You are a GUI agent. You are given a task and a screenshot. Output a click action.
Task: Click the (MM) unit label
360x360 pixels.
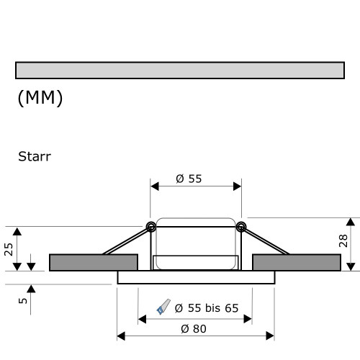tap(40, 99)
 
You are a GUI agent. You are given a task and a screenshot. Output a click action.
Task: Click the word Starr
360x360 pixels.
tap(35, 155)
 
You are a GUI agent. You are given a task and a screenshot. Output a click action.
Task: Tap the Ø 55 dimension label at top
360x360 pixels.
tap(189, 180)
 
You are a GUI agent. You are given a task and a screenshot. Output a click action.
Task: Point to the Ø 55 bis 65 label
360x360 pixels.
tap(205, 308)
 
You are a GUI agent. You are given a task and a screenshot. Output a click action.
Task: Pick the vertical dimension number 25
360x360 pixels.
tap(9, 249)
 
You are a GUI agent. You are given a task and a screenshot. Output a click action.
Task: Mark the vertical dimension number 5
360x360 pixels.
tap(23, 300)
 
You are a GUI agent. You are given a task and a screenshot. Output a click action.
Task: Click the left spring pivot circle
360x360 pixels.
tap(151, 228)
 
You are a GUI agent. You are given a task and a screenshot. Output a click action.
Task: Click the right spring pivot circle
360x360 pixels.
tap(240, 228)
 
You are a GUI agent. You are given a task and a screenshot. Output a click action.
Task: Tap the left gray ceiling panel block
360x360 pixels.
tap(93, 263)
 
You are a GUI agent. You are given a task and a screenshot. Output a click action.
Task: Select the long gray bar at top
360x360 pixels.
tap(179, 70)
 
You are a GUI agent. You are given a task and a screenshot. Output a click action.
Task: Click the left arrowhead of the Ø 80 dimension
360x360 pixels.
tap(120, 336)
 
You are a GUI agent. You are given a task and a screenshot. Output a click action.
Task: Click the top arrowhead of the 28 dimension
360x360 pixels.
tap(350, 220)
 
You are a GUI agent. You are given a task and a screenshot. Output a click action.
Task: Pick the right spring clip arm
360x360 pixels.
tap(265, 240)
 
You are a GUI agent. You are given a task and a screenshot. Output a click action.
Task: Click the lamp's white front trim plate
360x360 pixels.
tap(195, 277)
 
